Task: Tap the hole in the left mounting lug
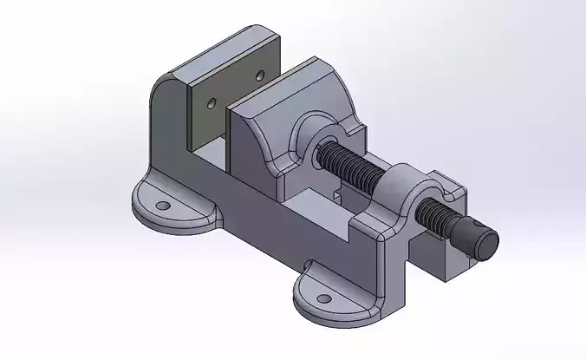point(162,206)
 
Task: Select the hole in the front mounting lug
point(323,298)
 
